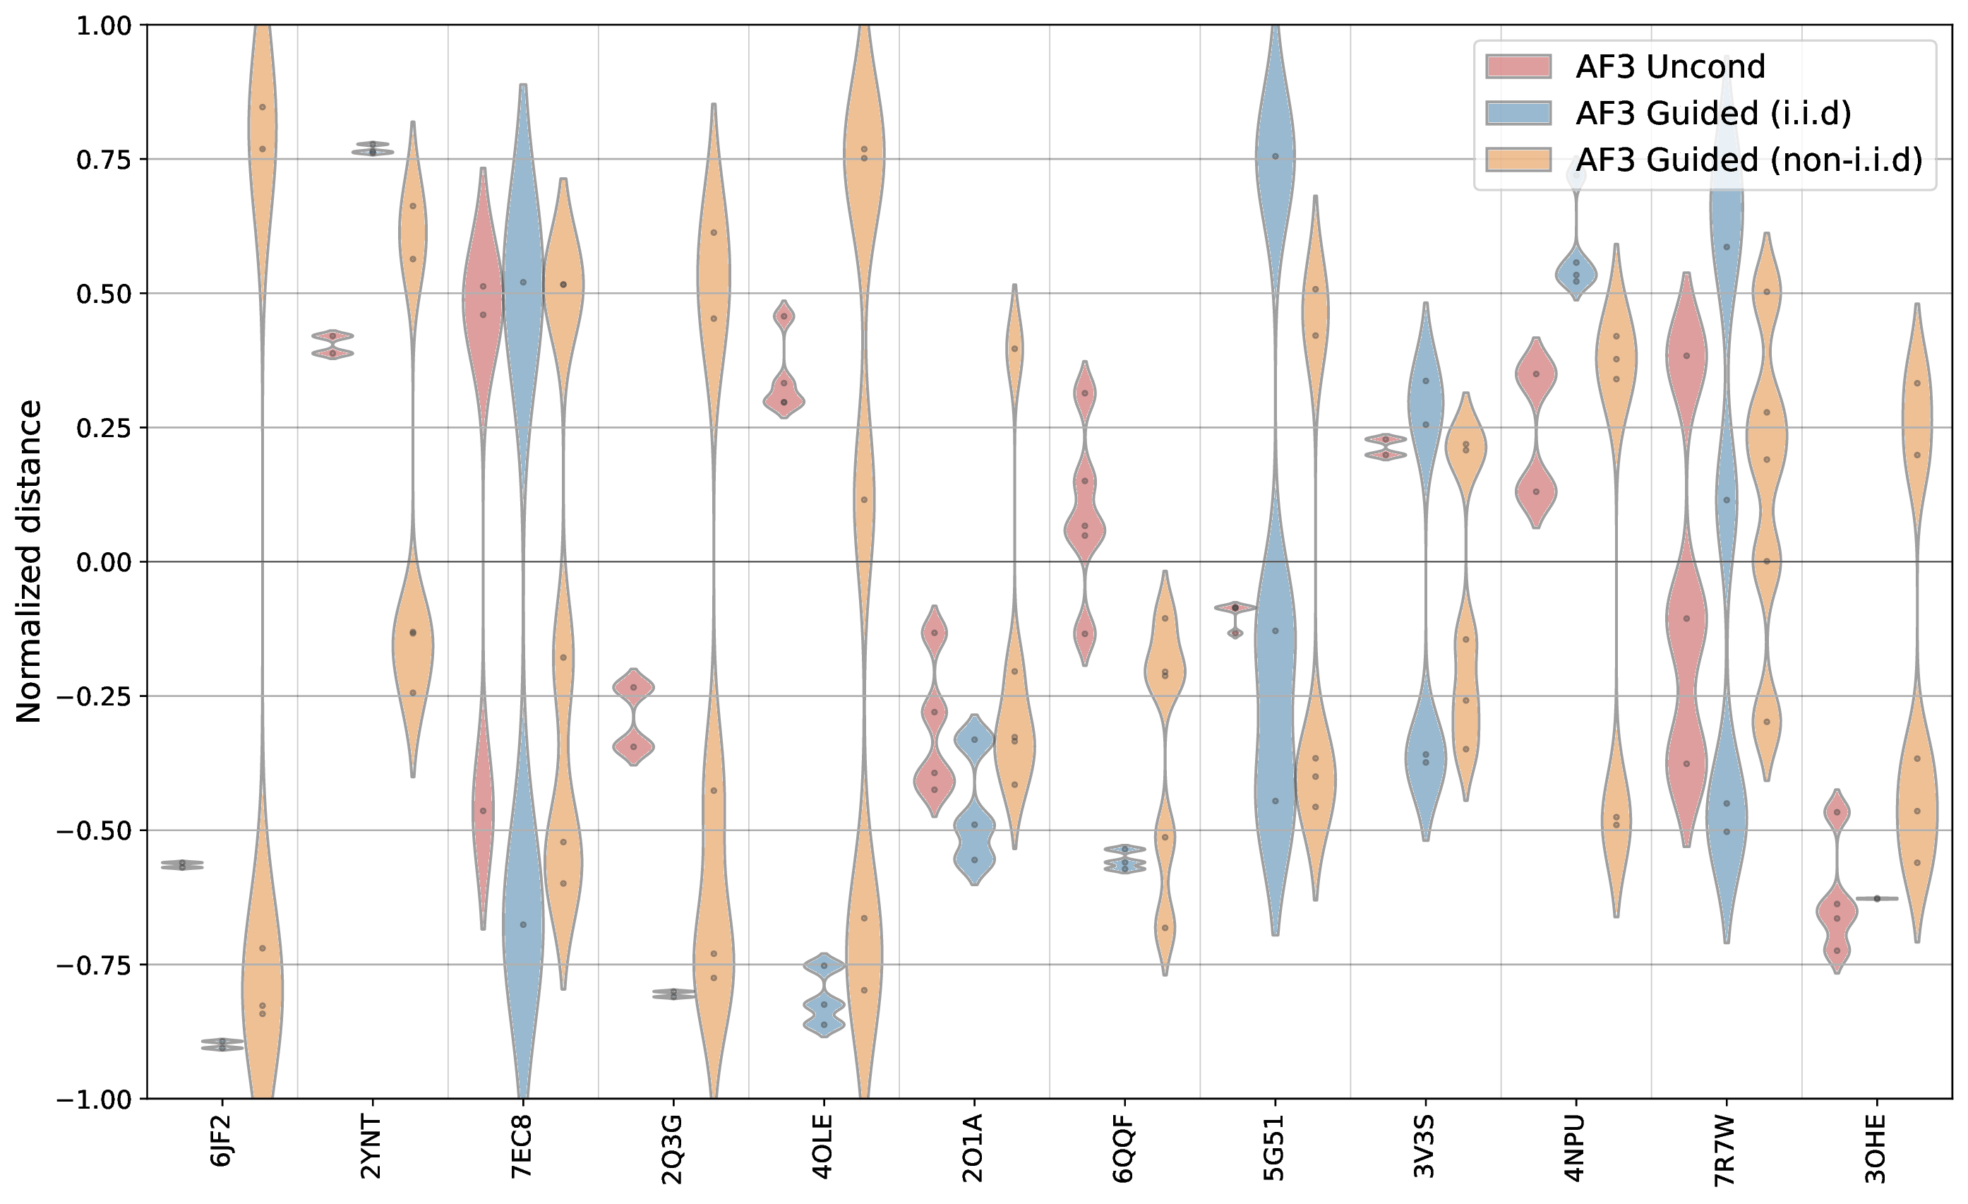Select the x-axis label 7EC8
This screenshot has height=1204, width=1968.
click(522, 1147)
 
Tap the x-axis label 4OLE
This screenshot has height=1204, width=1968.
click(822, 1148)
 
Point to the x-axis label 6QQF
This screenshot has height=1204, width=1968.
click(1124, 1148)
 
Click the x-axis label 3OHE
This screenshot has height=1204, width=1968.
click(1876, 1148)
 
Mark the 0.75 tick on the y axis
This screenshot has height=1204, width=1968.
click(103, 160)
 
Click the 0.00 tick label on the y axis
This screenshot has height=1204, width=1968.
click(103, 562)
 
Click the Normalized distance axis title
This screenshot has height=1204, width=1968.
click(30, 561)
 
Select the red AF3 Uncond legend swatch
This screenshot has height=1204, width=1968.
click(1518, 67)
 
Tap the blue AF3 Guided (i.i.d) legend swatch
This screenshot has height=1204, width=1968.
click(1518, 114)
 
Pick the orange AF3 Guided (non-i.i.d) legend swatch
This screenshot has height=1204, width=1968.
click(1518, 160)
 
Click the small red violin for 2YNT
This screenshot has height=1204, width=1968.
click(333, 345)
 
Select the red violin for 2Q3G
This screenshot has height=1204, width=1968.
click(633, 717)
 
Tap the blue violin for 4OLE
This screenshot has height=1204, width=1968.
click(824, 995)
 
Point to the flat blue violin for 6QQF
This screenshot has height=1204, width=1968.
click(1124, 859)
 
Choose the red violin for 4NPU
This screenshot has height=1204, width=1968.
click(1536, 432)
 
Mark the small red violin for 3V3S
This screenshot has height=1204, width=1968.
click(1386, 446)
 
